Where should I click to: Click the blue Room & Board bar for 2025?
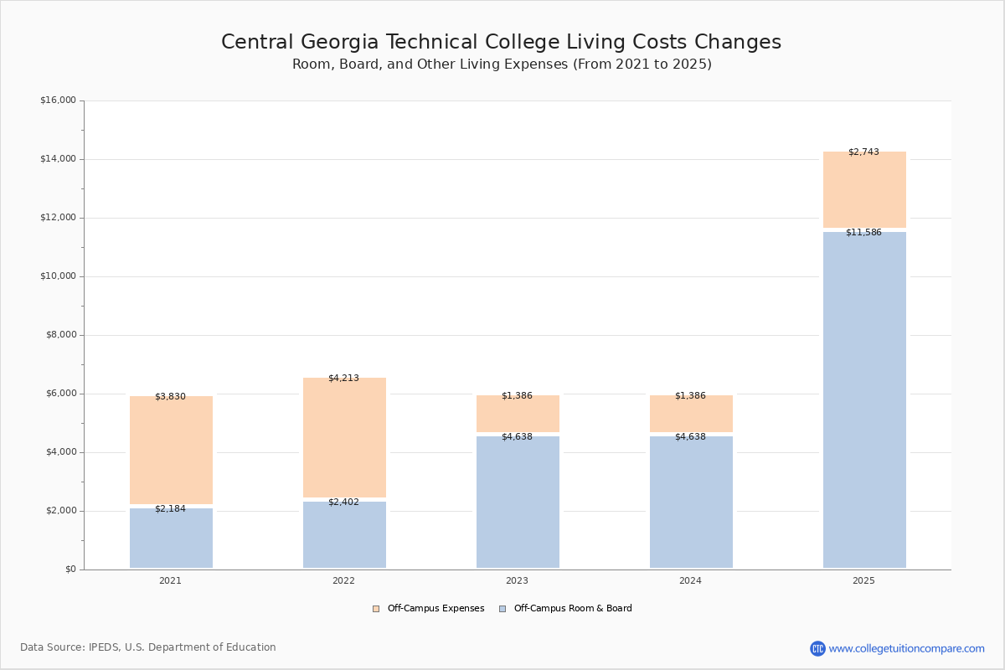tap(864, 400)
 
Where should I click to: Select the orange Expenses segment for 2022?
tap(344, 438)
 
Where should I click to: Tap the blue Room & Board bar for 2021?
tap(171, 539)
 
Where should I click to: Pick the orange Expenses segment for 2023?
tap(518, 415)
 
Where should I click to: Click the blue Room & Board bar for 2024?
tap(691, 502)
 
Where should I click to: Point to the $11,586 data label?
tap(863, 233)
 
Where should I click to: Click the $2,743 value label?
tap(863, 152)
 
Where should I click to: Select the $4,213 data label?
tap(343, 379)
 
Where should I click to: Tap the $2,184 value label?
tap(170, 509)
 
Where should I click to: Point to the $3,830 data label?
tap(170, 397)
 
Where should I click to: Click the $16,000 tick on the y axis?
tap(58, 100)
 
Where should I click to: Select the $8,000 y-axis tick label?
tap(60, 335)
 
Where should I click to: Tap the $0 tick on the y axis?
tap(70, 569)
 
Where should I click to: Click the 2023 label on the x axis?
tap(517, 580)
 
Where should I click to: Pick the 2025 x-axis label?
tap(863, 580)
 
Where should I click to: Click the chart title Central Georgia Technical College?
tap(501, 43)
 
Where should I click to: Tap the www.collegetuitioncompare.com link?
tap(906, 648)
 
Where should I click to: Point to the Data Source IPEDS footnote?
tap(148, 647)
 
